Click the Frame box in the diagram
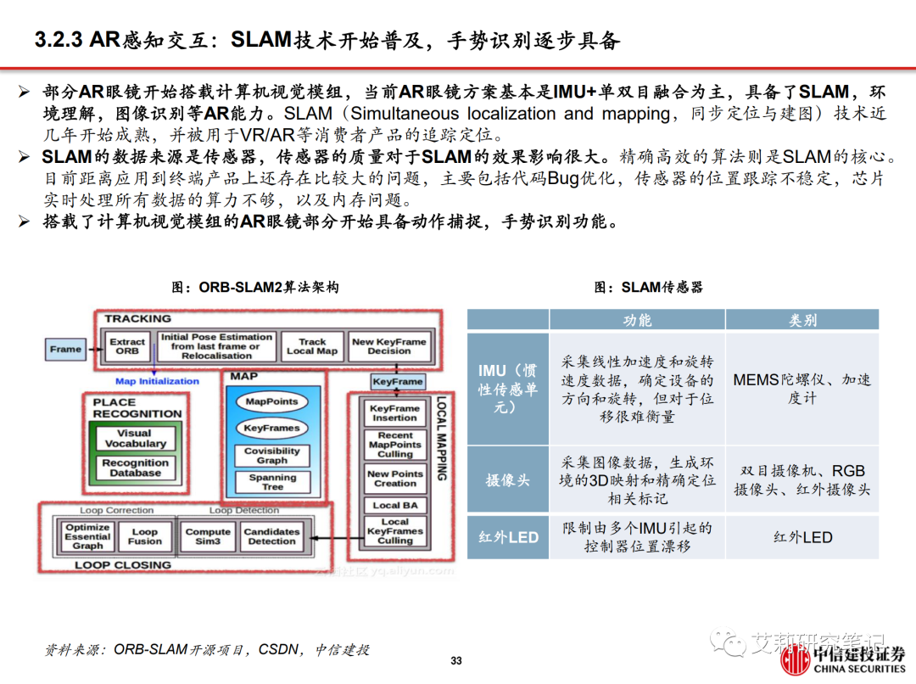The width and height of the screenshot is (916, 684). (65, 349)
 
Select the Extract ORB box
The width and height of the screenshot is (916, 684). (127, 346)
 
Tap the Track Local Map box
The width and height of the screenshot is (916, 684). (312, 346)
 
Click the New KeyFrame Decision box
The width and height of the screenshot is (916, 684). (389, 346)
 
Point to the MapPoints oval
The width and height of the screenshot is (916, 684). (271, 401)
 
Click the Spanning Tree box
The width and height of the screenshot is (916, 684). (272, 482)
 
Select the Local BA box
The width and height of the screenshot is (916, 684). (395, 505)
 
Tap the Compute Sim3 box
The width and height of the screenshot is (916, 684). (208, 536)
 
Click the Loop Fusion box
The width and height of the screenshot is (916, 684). (145, 536)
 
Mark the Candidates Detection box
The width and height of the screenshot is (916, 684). (271, 536)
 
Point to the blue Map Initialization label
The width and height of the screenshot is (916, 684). (157, 381)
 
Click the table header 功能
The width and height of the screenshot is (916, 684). (637, 320)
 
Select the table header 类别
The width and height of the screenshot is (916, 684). (802, 320)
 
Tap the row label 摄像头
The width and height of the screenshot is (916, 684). (507, 480)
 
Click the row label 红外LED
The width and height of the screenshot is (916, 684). (508, 537)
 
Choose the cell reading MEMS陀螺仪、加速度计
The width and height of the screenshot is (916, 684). (802, 389)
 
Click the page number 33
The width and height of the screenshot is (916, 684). (456, 661)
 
